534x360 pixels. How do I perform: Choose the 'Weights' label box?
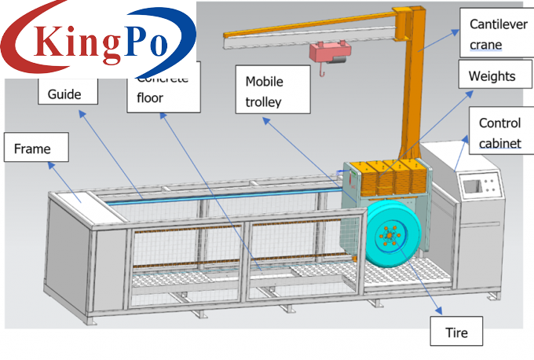(x=492, y=77)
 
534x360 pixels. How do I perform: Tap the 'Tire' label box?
(x=456, y=332)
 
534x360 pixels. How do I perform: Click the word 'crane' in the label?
(x=486, y=45)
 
